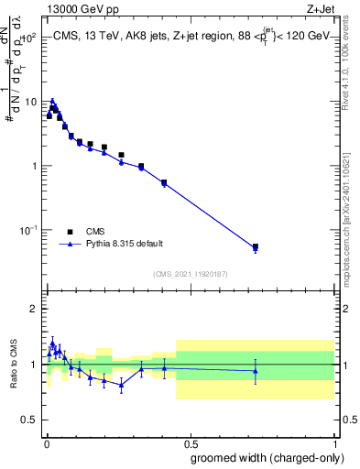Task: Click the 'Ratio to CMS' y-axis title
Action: tap(15, 364)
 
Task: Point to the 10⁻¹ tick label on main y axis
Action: tap(29, 230)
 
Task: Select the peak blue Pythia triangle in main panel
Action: tap(52, 102)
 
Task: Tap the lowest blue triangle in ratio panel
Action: tap(121, 385)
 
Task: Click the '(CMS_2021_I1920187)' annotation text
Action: tap(190, 273)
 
